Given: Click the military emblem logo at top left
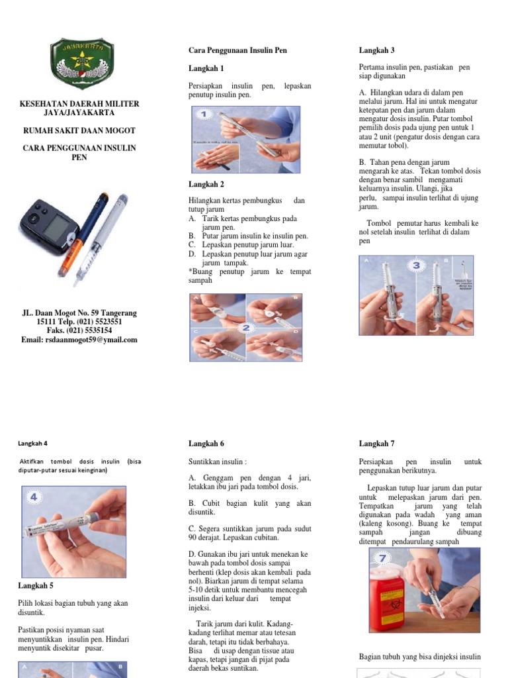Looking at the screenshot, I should [82, 65].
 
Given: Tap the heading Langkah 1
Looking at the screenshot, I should [206, 68].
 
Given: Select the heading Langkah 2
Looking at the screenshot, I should [206, 184].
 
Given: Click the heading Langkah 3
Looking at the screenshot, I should [377, 50].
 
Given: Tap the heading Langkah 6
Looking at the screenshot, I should [206, 444].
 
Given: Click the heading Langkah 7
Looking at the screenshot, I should [377, 444].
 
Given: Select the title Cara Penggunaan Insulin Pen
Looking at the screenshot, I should [238, 50].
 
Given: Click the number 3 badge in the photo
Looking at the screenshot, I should [417, 266].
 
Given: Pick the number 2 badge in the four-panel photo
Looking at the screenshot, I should [246, 328].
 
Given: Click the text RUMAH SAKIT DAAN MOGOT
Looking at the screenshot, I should [79, 131].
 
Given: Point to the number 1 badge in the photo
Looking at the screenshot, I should [205, 115].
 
